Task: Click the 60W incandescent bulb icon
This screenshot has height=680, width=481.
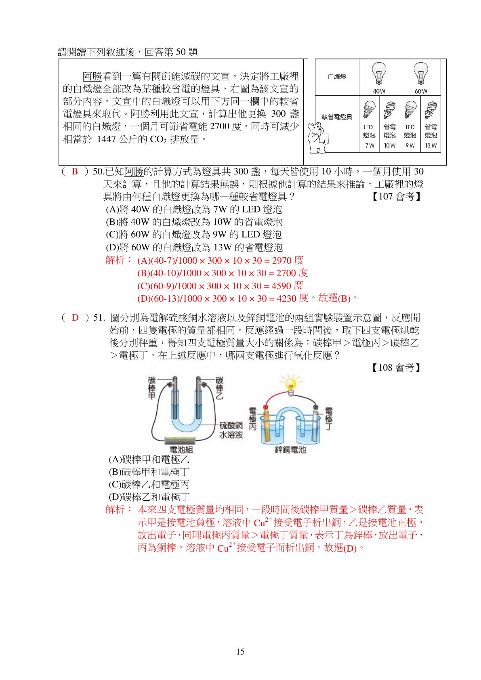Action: click(x=420, y=73)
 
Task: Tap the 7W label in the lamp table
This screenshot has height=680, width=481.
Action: click(x=370, y=146)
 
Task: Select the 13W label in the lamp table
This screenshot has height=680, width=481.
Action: click(x=431, y=146)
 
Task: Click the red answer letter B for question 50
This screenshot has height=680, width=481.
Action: click(x=75, y=172)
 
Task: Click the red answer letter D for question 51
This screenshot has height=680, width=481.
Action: click(x=75, y=318)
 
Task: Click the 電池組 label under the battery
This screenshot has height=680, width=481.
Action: click(x=181, y=449)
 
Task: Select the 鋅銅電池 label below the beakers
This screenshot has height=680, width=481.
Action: click(x=290, y=449)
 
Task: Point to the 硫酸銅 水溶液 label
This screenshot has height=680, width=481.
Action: click(x=231, y=430)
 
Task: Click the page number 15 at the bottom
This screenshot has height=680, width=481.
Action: click(x=240, y=652)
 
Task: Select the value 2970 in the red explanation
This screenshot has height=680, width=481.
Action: click(x=282, y=260)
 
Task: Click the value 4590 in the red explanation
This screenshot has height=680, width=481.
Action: click(x=281, y=286)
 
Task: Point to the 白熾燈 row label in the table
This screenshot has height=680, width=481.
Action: click(x=337, y=77)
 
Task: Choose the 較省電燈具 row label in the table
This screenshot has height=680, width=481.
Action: click(x=337, y=117)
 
